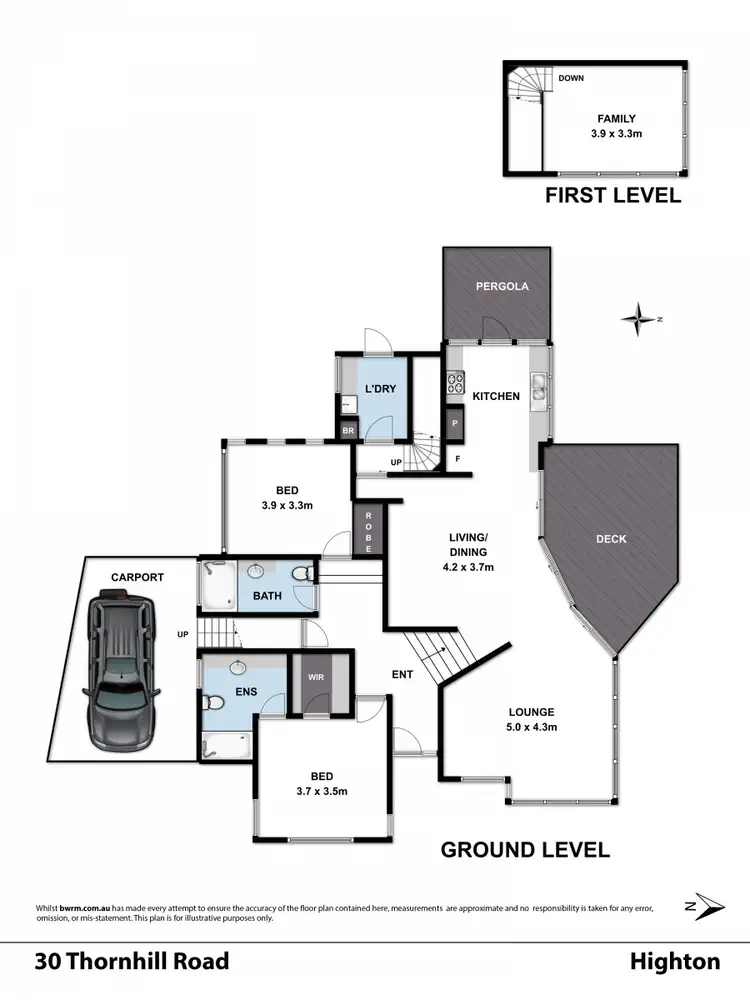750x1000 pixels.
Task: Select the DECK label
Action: [610, 539]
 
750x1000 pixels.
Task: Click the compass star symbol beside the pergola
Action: [636, 320]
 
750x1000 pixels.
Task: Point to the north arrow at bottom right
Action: [707, 906]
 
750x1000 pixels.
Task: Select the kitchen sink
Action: [539, 385]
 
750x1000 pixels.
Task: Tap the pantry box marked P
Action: [455, 424]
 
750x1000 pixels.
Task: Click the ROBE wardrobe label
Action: [368, 526]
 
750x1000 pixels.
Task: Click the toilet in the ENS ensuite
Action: [209, 705]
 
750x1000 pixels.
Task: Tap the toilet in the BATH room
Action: [304, 573]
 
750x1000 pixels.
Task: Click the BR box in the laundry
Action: [348, 431]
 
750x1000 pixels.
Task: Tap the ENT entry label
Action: [402, 675]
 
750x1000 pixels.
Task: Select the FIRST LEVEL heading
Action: [612, 195]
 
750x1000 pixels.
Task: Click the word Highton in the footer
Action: [674, 962]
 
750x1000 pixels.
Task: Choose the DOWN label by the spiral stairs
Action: [571, 78]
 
